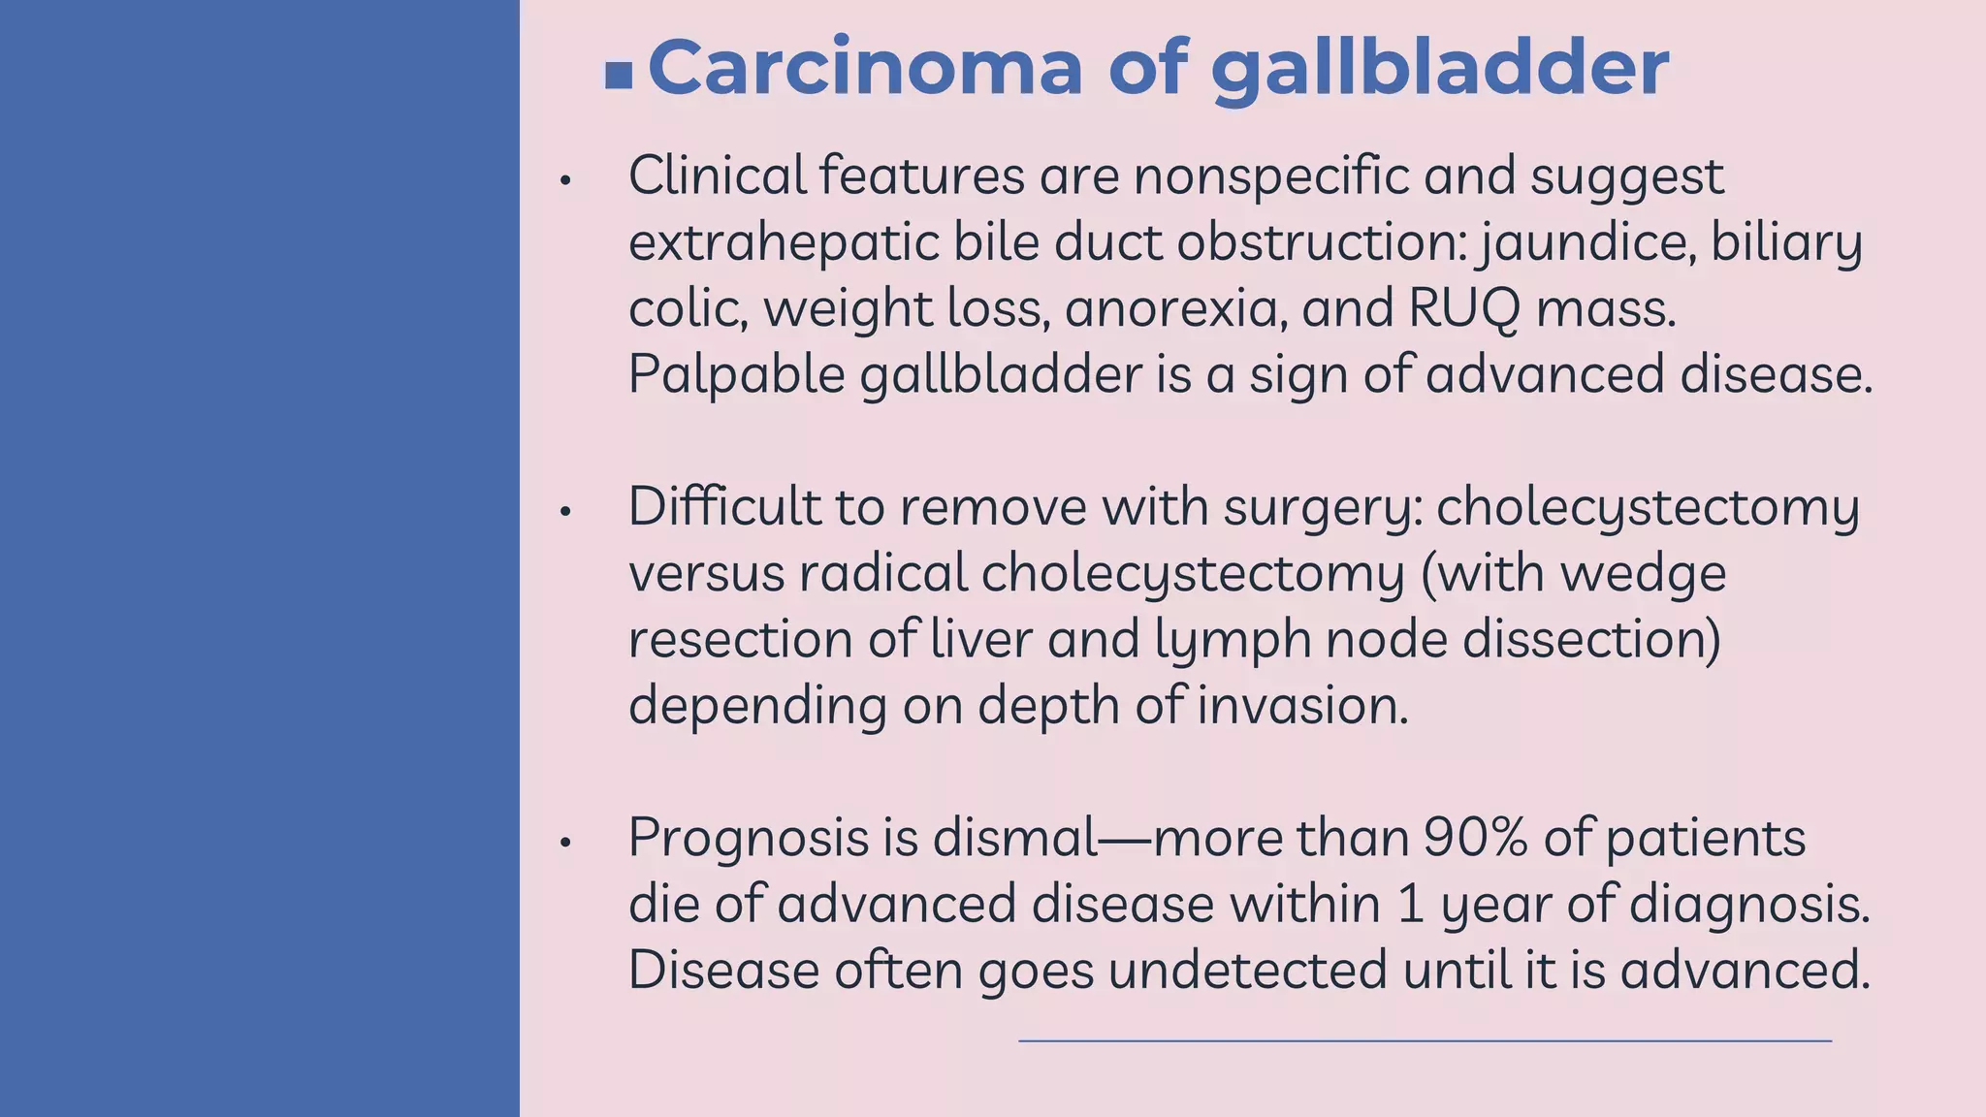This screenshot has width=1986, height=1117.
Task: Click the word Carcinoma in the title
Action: click(865, 68)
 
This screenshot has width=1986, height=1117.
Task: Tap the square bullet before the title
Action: click(618, 75)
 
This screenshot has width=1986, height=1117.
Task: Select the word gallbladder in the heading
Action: click(1440, 70)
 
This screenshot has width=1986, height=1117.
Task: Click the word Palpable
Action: click(736, 375)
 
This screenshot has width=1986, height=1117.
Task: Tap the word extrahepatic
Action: click(784, 242)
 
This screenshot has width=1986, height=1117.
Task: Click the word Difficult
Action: click(723, 507)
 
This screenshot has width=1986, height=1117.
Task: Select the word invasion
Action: click(1301, 705)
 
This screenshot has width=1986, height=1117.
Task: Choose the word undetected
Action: click(1247, 970)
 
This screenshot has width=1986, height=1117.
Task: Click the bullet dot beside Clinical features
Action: click(566, 180)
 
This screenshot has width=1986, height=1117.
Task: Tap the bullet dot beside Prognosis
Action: click(566, 843)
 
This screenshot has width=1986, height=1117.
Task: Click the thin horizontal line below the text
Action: click(1425, 1041)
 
